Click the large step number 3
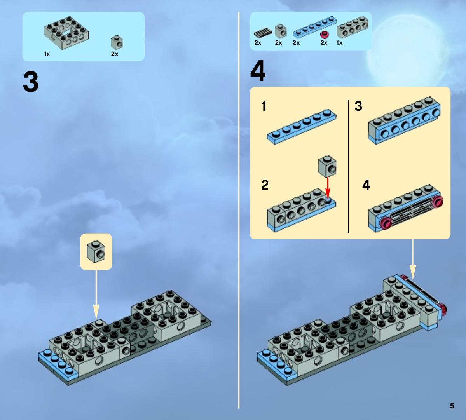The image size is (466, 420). (31, 82)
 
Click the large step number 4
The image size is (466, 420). (258, 71)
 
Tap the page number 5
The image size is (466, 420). (452, 406)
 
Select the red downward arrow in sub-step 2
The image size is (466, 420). (328, 188)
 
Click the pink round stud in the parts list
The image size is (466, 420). (324, 35)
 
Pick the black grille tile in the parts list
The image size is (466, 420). (263, 33)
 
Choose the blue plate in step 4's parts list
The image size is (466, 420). (314, 27)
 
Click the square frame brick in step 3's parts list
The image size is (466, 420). (66, 33)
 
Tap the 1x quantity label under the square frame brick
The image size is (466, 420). (47, 54)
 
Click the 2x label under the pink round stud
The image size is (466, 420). (324, 43)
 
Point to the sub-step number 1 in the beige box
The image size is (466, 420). (264, 106)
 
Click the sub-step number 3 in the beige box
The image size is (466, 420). (358, 106)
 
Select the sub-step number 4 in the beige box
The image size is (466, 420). (366, 185)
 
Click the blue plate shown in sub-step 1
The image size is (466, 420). (302, 127)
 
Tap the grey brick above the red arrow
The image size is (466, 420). (327, 166)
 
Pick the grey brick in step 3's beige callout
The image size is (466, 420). (96, 252)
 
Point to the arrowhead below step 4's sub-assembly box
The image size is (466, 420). (412, 272)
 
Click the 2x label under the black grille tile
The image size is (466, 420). (258, 43)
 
